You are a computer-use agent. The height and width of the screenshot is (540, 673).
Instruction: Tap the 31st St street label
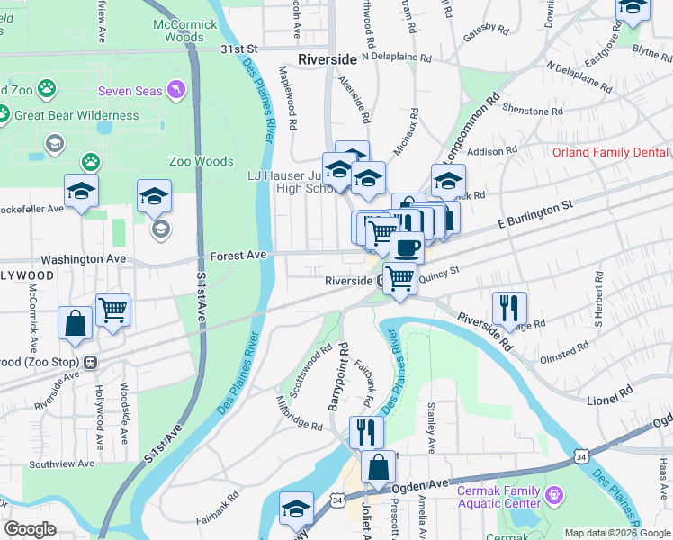[x=241, y=49]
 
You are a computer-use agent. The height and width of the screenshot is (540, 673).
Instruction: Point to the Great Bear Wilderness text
[x=76, y=115]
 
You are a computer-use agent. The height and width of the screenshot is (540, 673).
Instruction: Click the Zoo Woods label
[x=201, y=161]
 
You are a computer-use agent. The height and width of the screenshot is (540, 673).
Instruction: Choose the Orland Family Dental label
[x=610, y=152]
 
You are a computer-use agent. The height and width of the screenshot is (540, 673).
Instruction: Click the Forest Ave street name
[x=238, y=256]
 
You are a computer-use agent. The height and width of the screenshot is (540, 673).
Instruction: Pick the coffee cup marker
[x=407, y=246]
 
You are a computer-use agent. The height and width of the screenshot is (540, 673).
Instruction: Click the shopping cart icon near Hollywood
[x=112, y=310]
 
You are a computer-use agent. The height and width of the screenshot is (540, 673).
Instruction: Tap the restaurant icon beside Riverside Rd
[x=509, y=308]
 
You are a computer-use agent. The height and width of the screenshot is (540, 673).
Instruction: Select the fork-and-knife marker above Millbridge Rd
[x=366, y=431]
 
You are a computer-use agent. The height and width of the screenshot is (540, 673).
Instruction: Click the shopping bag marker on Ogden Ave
[x=379, y=467]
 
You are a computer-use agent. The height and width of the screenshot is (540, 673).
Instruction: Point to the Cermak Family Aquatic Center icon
[x=553, y=493]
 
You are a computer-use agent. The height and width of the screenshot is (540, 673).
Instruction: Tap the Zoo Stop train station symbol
[x=90, y=362]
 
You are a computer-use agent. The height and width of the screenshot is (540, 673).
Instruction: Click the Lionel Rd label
[x=612, y=392]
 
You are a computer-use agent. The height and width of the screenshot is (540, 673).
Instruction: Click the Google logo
[x=30, y=529]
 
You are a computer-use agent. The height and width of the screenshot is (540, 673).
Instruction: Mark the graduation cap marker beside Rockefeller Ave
[x=81, y=191]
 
